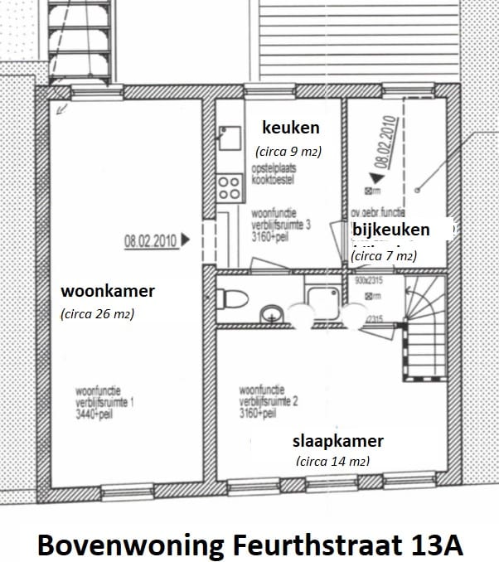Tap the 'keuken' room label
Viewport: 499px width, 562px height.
pyautogui.click(x=290, y=128)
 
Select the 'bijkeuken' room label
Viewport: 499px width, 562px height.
pyautogui.click(x=390, y=230)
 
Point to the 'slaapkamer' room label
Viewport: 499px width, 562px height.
pyautogui.click(x=337, y=440)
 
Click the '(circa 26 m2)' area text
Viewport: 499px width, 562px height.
pyautogui.click(x=97, y=314)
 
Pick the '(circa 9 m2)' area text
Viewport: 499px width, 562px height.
pyautogui.click(x=287, y=152)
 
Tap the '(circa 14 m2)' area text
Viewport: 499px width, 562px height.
pyautogui.click(x=332, y=462)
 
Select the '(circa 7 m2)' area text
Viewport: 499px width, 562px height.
pyautogui.click(x=383, y=257)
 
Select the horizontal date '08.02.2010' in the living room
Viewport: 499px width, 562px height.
pyautogui.click(x=150, y=242)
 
